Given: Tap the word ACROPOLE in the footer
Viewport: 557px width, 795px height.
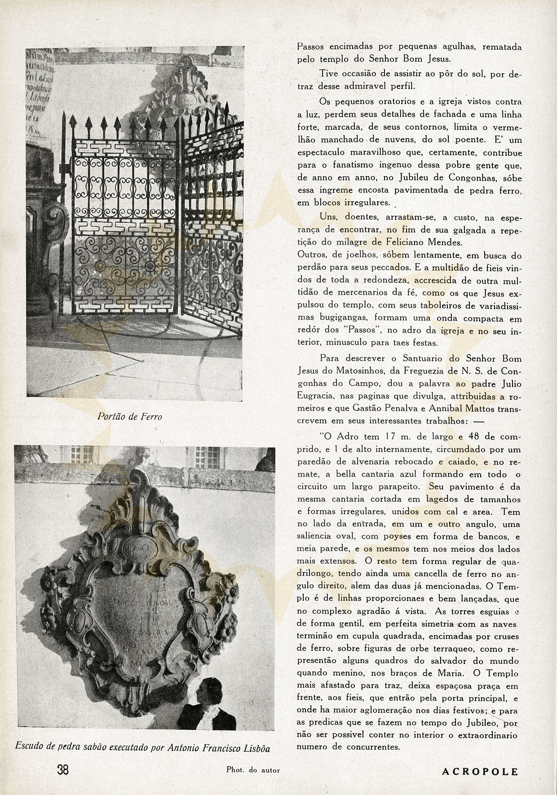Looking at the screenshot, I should point(480,772).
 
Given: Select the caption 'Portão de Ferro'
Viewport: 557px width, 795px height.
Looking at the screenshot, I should point(130,417).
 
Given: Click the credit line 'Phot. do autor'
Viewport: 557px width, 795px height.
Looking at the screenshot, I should point(253,770).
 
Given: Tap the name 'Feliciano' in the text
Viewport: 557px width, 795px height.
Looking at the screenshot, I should point(433,242).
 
